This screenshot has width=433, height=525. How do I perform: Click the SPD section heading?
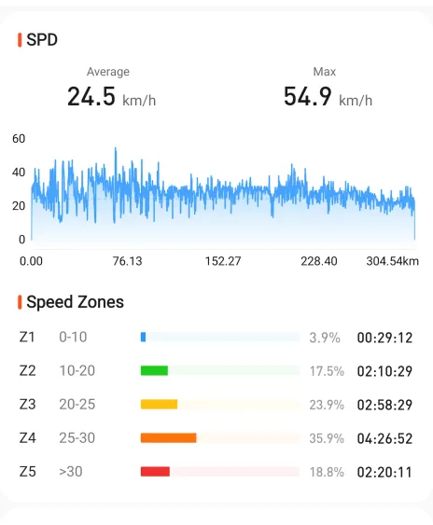pos(42,40)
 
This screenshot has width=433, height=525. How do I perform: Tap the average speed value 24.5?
pos(91,96)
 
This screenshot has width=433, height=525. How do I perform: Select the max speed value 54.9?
pos(308,96)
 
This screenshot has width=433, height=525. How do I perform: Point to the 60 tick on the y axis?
pos(19,139)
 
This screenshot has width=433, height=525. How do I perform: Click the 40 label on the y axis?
pos(19,173)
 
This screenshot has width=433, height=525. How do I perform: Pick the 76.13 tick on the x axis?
pos(127,261)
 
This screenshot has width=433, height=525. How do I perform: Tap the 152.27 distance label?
pos(223,261)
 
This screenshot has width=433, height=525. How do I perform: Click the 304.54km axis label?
pos(393,261)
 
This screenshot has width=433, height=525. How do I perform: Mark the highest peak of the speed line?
pos(116,147)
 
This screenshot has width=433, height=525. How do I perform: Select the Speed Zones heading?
pos(75,302)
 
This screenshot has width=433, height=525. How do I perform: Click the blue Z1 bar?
pos(143,338)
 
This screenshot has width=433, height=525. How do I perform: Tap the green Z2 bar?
pos(154,370)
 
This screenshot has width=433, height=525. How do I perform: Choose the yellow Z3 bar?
pos(159,405)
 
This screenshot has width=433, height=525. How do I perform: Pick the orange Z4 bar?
pos(169,438)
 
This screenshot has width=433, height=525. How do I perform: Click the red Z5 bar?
pos(155,472)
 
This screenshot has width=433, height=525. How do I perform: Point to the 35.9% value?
pos(327,438)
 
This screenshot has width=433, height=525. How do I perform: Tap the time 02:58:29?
pos(384,405)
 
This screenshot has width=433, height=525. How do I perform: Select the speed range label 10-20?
pos(77,370)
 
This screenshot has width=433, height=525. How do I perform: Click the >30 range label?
pos(71,472)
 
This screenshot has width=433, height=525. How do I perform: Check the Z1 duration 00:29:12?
pos(384,338)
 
